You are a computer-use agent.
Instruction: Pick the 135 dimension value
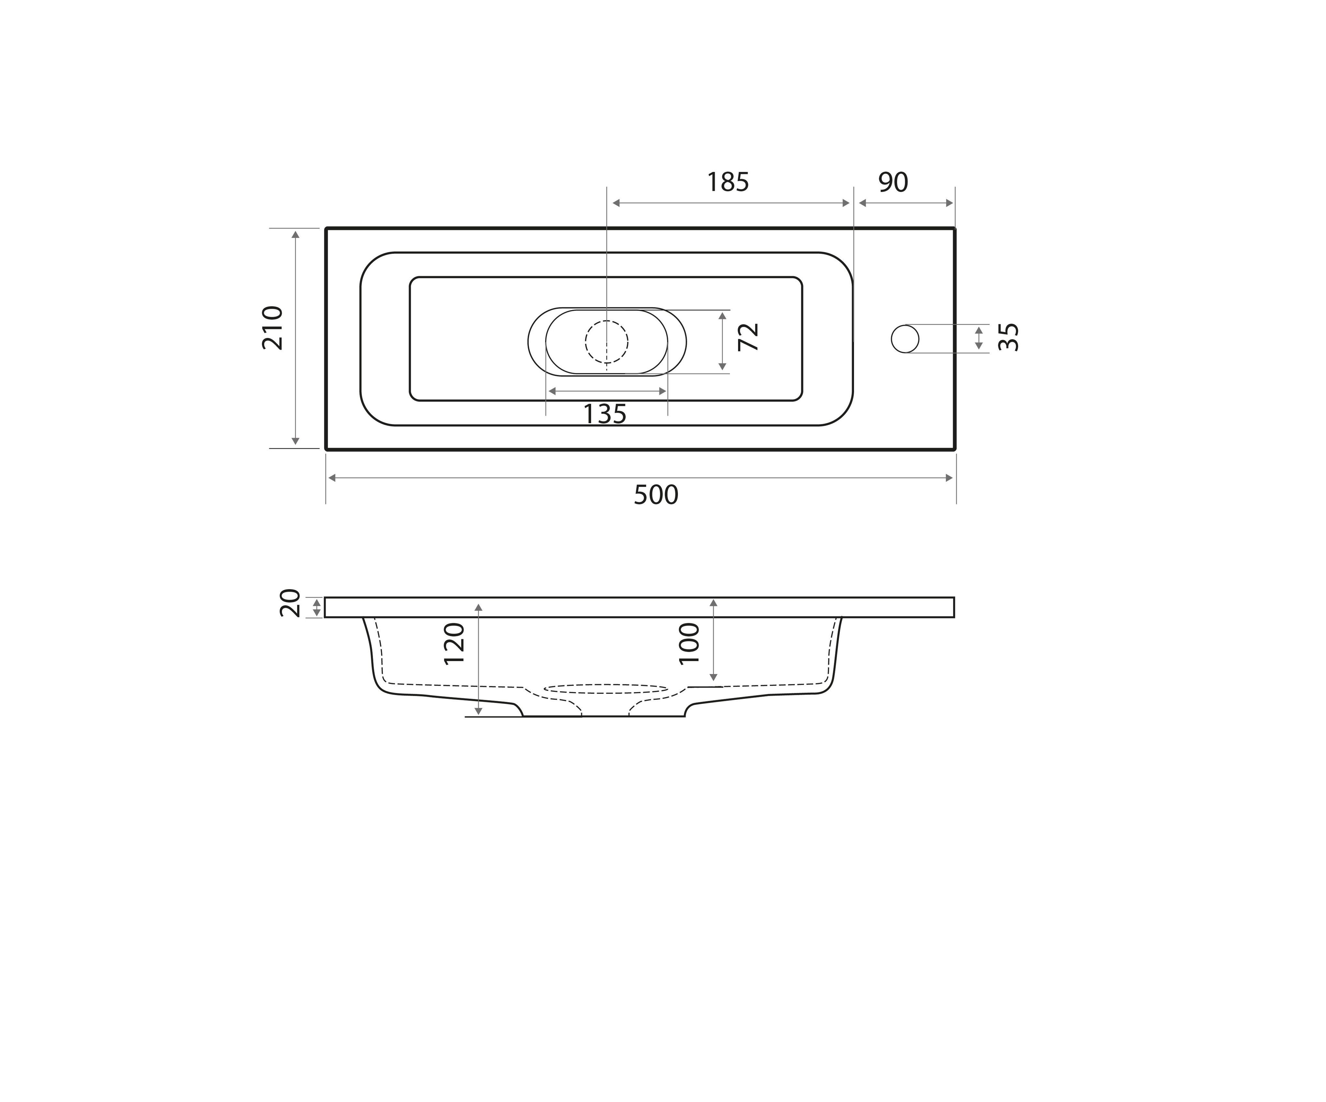pyautogui.click(x=604, y=414)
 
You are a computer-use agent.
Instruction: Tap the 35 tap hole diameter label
pyautogui.click(x=1008, y=337)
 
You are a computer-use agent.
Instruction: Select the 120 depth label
pyautogui.click(x=454, y=644)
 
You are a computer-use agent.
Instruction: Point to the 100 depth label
pyautogui.click(x=689, y=644)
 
